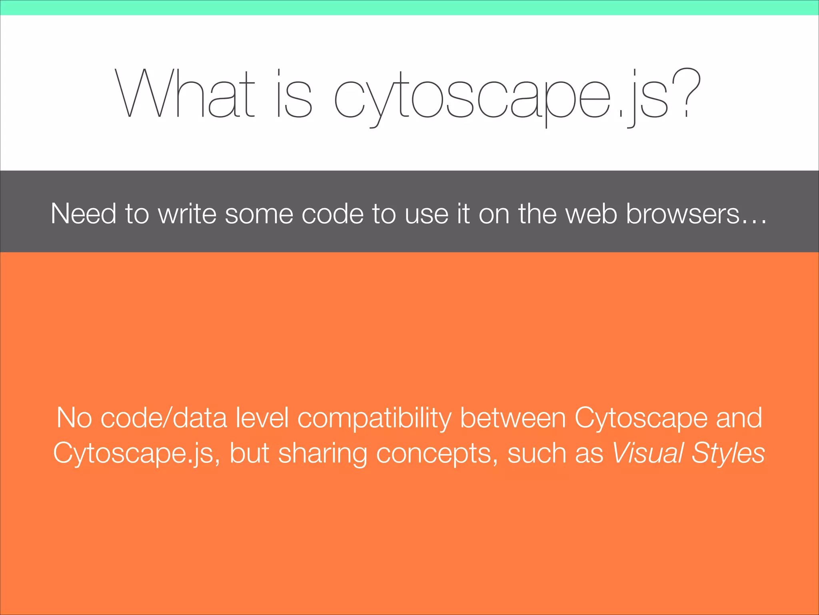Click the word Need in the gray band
click(83, 214)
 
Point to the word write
click(187, 214)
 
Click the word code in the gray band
click(332, 214)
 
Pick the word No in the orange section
click(74, 418)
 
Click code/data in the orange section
click(164, 418)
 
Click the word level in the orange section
click(262, 418)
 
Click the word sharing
click(322, 454)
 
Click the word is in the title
click(294, 94)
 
